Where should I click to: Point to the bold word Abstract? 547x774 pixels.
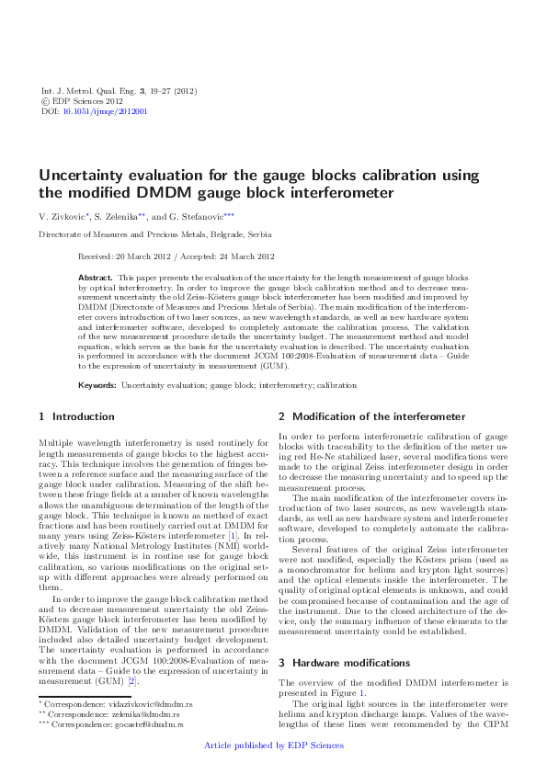(x=96, y=277)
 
